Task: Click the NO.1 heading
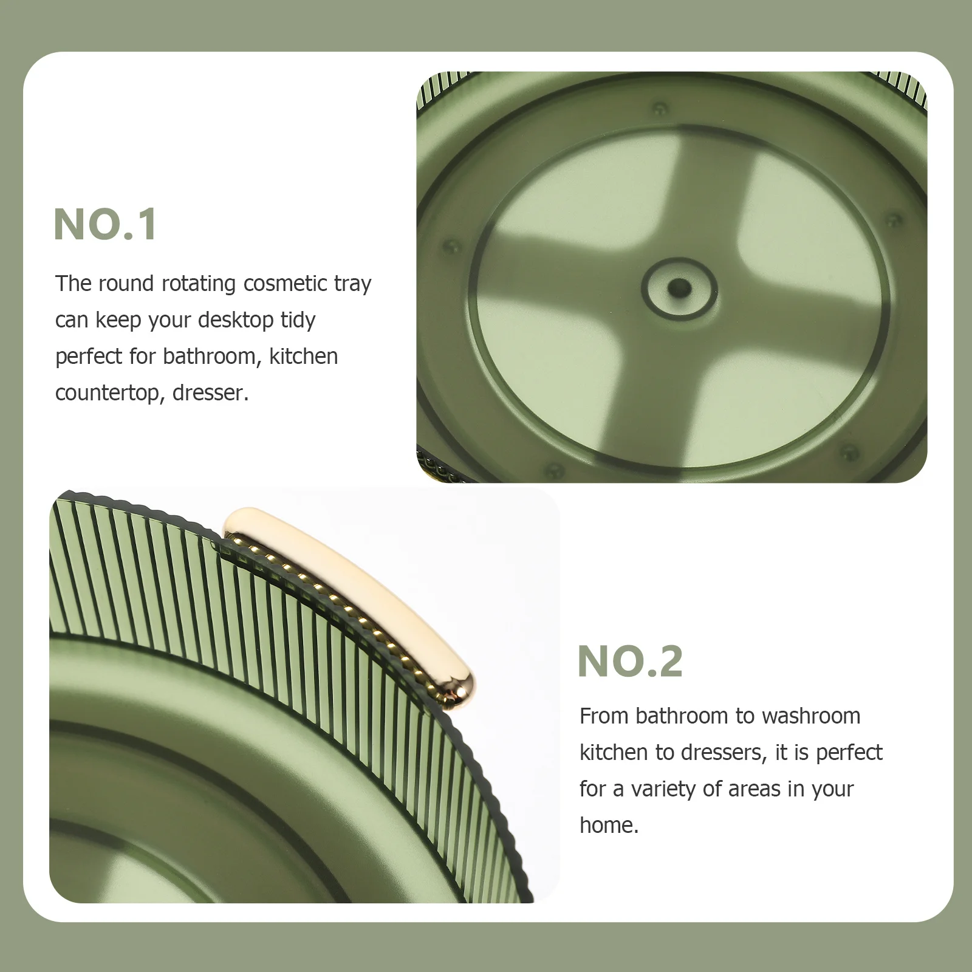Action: [x=106, y=225]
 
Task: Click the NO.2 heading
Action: [x=630, y=662]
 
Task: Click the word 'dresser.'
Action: [x=211, y=393]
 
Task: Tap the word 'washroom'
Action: [x=810, y=716]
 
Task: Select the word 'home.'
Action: [x=609, y=826]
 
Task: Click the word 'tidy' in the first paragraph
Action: [x=298, y=320]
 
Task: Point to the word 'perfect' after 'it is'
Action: [x=849, y=753]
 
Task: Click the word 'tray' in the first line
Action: [x=352, y=284]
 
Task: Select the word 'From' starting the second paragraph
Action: [x=604, y=716]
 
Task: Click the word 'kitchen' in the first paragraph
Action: [x=303, y=357]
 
